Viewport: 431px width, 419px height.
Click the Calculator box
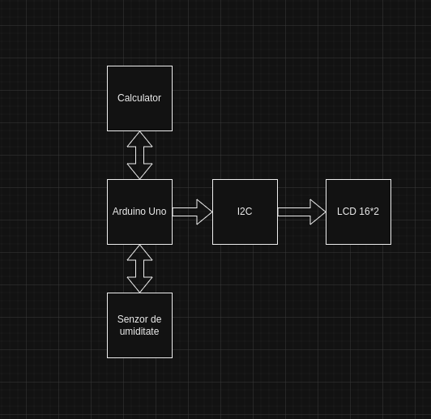pyautogui.click(x=139, y=98)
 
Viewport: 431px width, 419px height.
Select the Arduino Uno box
pyautogui.click(x=139, y=212)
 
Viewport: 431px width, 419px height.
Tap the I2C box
pyautogui.click(x=245, y=212)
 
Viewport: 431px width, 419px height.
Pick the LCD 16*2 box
pyautogui.click(x=358, y=212)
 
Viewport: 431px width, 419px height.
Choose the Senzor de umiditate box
pyautogui.click(x=139, y=325)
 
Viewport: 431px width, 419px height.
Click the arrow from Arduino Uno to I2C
pyautogui.click(x=193, y=212)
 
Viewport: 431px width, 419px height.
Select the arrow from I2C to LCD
pyautogui.click(x=302, y=212)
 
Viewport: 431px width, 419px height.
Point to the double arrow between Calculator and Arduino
pyautogui.click(x=139, y=155)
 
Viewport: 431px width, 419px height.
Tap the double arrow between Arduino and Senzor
pyautogui.click(x=139, y=268)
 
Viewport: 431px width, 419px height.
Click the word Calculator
pyautogui.click(x=139, y=98)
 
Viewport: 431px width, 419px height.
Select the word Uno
pyautogui.click(x=157, y=212)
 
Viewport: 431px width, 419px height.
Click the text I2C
pyautogui.click(x=245, y=212)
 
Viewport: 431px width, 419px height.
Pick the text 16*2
pyautogui.click(x=369, y=212)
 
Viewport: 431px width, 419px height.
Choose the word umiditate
pyautogui.click(x=139, y=331)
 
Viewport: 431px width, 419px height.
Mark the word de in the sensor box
pyautogui.click(x=156, y=319)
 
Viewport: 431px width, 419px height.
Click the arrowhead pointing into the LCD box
pyautogui.click(x=318, y=212)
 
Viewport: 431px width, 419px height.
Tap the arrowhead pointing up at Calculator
pyautogui.click(x=139, y=139)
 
